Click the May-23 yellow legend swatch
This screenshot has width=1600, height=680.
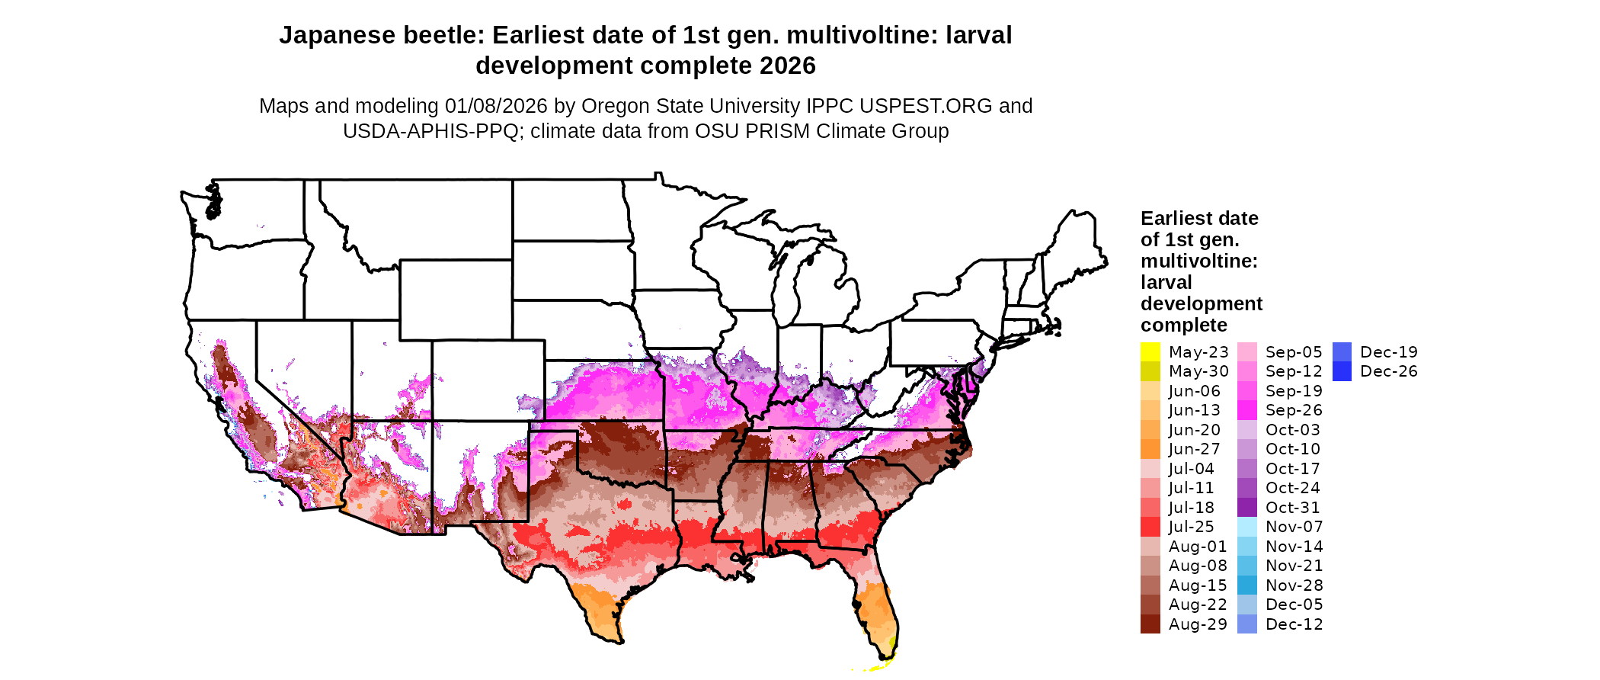point(1150,352)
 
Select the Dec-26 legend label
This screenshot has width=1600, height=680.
point(1388,371)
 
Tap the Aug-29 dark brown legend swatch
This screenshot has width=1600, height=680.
point(1150,624)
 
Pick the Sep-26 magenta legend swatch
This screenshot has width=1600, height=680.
point(1246,410)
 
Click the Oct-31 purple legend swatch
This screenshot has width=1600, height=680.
point(1246,508)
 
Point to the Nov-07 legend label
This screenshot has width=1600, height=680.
point(1294,527)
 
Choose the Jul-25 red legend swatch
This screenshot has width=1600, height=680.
point(1150,527)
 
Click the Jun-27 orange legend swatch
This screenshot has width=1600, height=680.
point(1150,449)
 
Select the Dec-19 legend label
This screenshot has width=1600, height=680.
point(1388,352)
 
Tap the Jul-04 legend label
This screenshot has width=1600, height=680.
point(1191,469)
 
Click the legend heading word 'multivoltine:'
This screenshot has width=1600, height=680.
point(1198,261)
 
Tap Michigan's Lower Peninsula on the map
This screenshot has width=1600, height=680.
point(827,286)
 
